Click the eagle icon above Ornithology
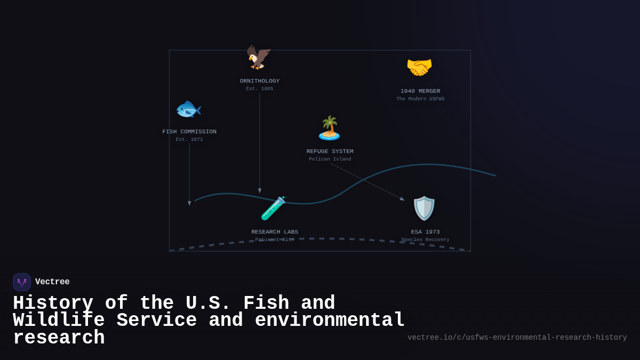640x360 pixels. click(259, 57)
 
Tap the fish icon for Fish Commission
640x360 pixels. click(189, 109)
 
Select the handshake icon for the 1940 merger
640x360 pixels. click(419, 67)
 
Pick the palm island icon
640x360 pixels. click(329, 128)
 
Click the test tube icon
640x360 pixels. click(273, 208)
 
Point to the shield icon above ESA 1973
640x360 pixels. click(425, 208)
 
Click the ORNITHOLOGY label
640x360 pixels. click(260, 81)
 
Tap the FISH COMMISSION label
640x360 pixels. click(189, 132)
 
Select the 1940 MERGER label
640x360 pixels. click(420, 91)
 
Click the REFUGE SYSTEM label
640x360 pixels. click(330, 151)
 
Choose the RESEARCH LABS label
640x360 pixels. click(275, 232)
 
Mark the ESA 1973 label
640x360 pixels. click(425, 232)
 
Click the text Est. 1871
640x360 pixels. click(189, 140)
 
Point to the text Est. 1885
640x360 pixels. click(260, 89)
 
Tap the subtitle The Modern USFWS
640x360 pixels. click(420, 99)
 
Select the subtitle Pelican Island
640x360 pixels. click(330, 159)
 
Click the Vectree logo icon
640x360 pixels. click(22, 282)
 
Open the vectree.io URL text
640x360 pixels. click(517, 338)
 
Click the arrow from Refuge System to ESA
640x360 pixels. click(367, 182)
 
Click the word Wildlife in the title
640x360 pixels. click(59, 321)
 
